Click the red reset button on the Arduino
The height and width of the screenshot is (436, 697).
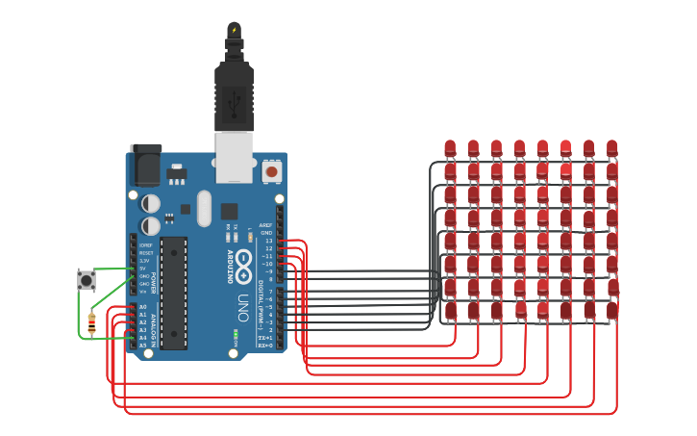click(x=271, y=171)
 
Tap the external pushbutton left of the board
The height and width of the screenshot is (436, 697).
click(x=87, y=281)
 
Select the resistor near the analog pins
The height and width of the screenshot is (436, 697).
click(x=91, y=324)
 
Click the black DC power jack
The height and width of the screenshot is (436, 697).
click(x=145, y=166)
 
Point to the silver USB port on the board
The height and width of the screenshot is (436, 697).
click(x=234, y=156)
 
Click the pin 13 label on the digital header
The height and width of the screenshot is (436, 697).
click(x=268, y=241)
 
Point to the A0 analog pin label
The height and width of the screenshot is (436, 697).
click(x=142, y=307)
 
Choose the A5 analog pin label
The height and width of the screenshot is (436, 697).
click(x=142, y=345)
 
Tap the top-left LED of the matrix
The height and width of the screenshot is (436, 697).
click(x=450, y=148)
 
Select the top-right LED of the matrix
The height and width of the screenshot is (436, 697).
click(x=611, y=148)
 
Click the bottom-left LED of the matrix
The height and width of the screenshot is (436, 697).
click(x=450, y=310)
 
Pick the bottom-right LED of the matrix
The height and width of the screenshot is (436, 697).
click(x=611, y=310)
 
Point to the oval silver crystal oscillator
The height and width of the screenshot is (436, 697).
click(x=203, y=207)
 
